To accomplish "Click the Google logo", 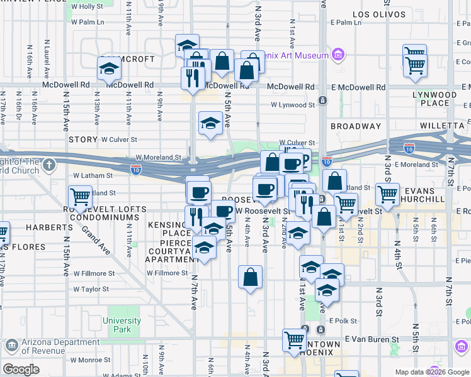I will pos(21,369).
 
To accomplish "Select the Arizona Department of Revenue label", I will pos(51,346).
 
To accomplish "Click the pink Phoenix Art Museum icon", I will pos(338,55).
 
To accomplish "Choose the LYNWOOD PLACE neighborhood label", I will pos(441,99).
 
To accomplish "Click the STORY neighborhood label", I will pos(82,139).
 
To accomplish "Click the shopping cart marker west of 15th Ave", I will pos(80,197).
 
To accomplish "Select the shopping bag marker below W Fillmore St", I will pos(250,277).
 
